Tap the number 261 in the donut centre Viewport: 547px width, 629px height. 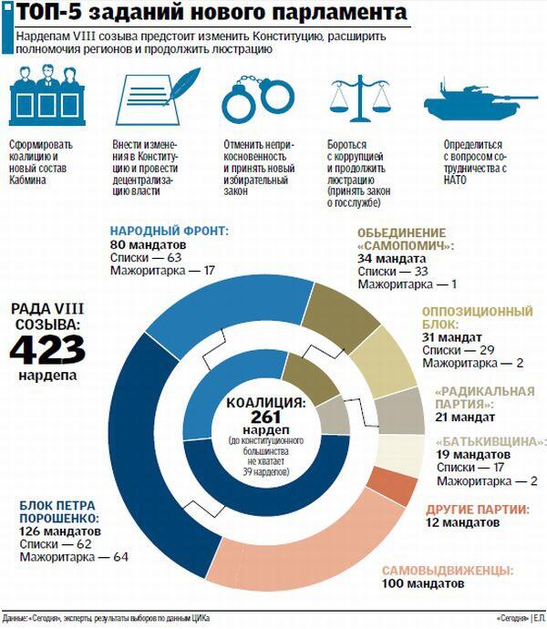click(255, 417)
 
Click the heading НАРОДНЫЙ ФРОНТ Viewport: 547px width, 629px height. click(169, 232)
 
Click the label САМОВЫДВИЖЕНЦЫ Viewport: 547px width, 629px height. click(445, 570)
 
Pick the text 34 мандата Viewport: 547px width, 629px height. click(392, 258)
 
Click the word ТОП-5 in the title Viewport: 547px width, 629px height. click(55, 14)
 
